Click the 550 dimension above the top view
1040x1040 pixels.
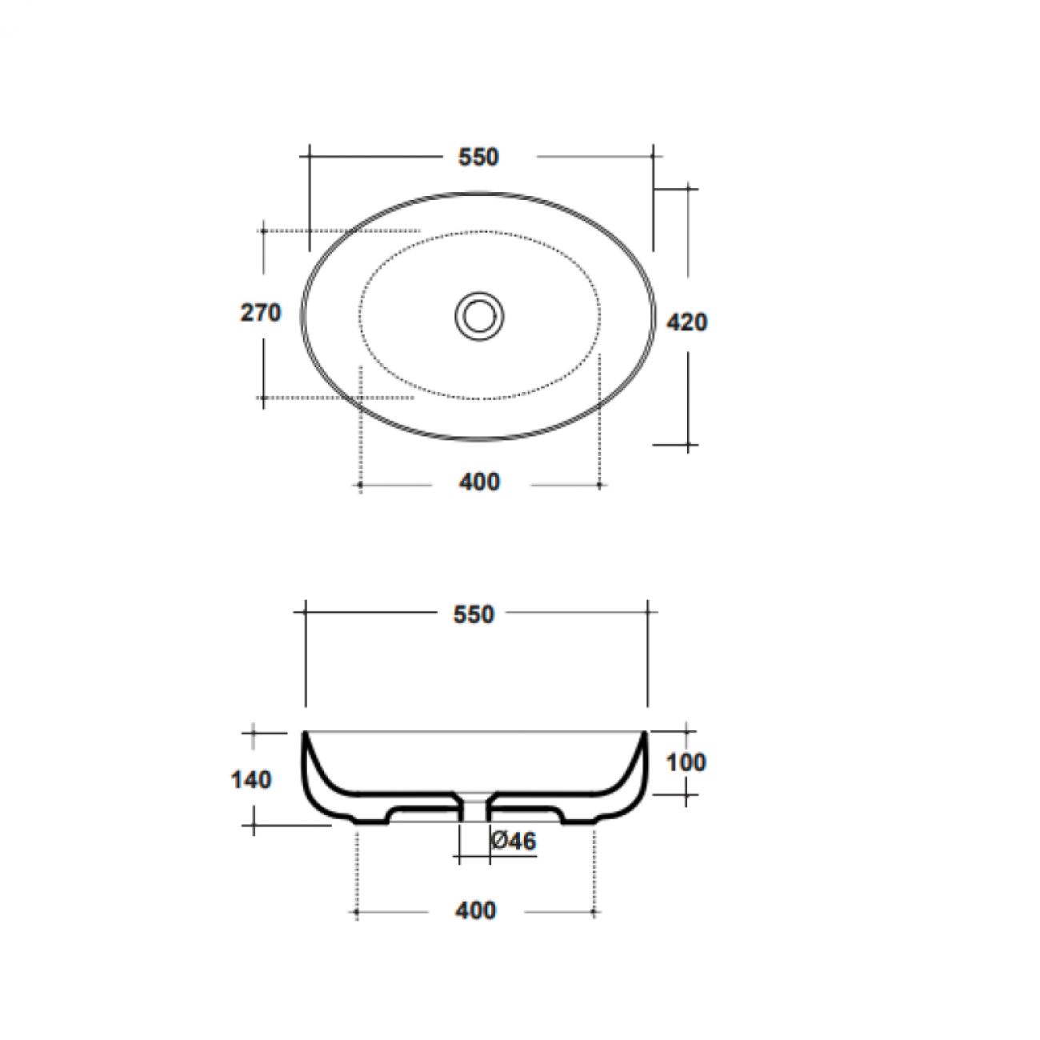[x=478, y=157]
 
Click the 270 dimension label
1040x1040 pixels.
[x=261, y=313]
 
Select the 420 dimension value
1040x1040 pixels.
[x=686, y=322]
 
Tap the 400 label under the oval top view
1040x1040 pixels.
[x=479, y=482]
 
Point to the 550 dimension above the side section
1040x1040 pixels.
[x=474, y=614]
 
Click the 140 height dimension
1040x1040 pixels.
[x=251, y=780]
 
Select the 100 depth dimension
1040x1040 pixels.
[x=686, y=762]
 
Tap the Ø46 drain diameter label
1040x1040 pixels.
[x=514, y=841]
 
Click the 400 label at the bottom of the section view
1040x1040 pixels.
[x=475, y=911]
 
